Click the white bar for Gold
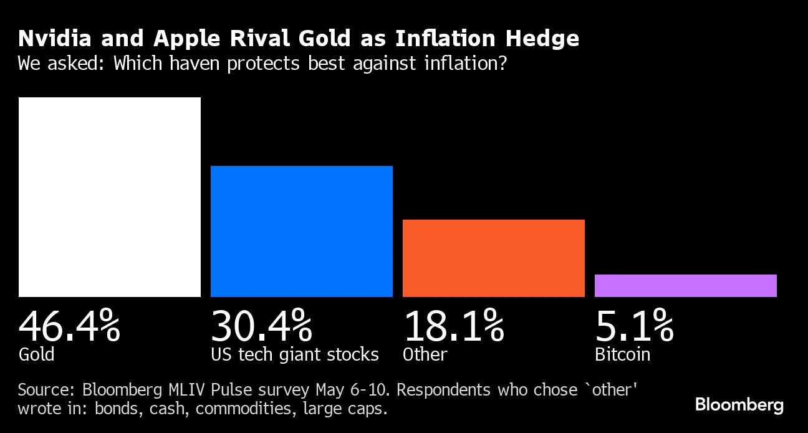110,197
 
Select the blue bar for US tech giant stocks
302,231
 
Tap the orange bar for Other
494,258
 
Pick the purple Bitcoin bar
686,286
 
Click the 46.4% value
69,325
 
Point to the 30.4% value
261,325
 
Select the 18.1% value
453,325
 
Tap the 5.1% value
634,325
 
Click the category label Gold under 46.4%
36,354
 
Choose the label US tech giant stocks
294,354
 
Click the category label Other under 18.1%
425,354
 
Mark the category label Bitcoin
622,354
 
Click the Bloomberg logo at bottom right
739,405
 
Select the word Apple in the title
185,39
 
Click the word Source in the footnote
43,390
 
